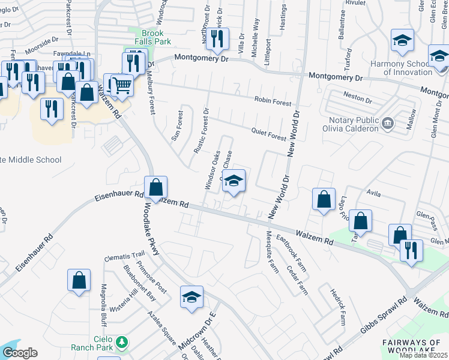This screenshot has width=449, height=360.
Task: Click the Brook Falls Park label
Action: [148, 37]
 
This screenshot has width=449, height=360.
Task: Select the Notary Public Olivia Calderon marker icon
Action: [387, 124]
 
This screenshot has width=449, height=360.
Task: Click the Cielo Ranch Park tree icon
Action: [122, 341]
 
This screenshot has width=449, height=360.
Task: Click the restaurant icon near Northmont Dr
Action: [217, 40]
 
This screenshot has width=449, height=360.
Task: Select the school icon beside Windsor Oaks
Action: [234, 181]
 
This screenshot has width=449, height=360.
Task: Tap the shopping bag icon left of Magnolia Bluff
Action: [79, 280]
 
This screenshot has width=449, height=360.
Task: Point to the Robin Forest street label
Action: [272, 101]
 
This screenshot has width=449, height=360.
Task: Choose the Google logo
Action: [20, 353]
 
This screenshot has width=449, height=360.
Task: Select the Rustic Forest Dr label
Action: [202, 129]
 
